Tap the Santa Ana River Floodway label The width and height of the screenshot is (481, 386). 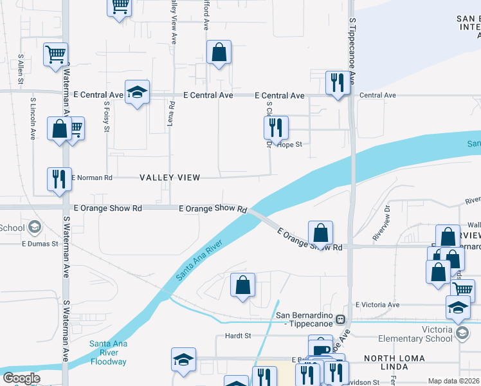pyautogui.click(x=108, y=353)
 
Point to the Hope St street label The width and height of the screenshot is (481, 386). pyautogui.click(x=289, y=145)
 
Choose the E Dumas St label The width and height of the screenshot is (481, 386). pyautogui.click(x=40, y=244)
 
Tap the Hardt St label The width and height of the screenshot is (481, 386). pyautogui.click(x=237, y=336)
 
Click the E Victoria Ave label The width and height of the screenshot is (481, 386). pyautogui.click(x=377, y=305)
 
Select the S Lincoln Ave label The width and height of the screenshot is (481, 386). pyautogui.click(x=33, y=119)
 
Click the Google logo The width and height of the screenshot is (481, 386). pyautogui.click(x=21, y=378)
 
